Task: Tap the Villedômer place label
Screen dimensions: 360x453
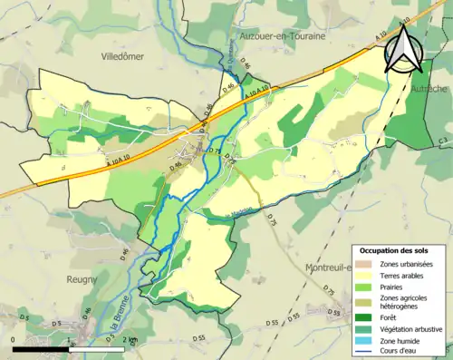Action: [123, 55]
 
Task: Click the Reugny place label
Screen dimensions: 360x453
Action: [82, 280]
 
